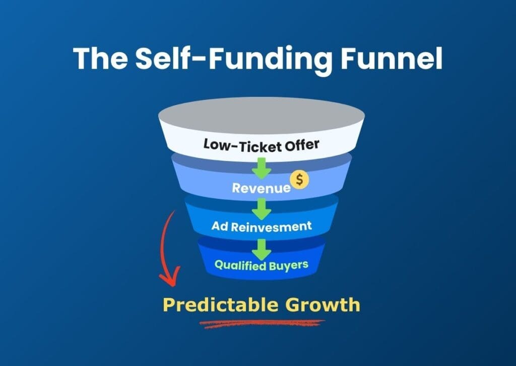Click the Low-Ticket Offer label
click(261, 144)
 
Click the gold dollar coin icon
click(299, 180)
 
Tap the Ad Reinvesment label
click(262, 226)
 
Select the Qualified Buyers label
click(261, 265)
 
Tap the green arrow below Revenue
click(262, 207)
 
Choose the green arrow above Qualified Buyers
click(262, 248)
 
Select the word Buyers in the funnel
click(288, 265)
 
